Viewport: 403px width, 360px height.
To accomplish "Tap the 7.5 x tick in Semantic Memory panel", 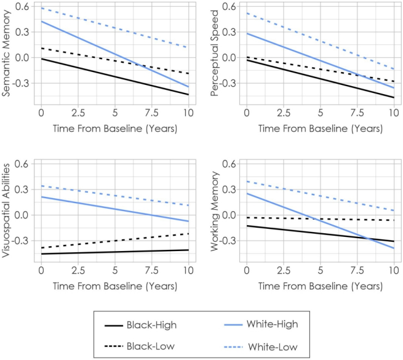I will coord(151,113).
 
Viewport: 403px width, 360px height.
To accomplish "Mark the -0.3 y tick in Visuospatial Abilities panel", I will coord(26,241).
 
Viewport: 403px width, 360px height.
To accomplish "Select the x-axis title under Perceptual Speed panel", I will coord(320,129).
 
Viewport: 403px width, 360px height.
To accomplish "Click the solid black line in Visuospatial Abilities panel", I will coord(114,252).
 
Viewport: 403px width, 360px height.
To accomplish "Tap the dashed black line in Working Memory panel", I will coord(320,218).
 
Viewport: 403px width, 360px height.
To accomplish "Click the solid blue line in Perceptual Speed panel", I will coord(320,60).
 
